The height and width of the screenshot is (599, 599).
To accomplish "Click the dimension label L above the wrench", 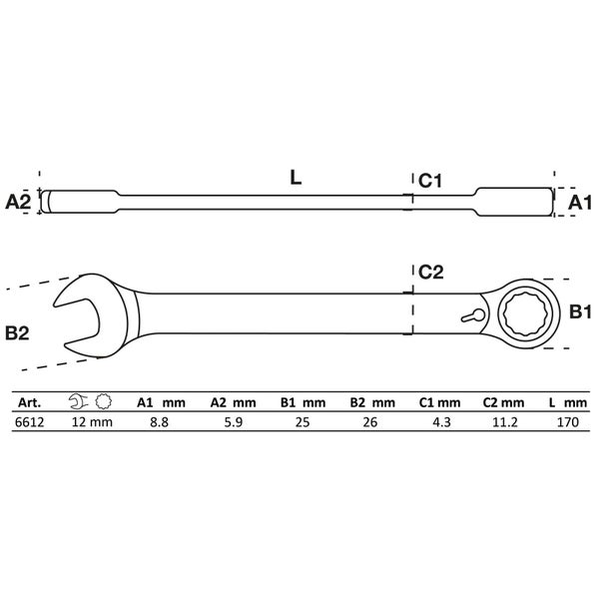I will pyautogui.click(x=296, y=179).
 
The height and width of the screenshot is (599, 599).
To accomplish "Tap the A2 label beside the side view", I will pyautogui.click(x=18, y=202).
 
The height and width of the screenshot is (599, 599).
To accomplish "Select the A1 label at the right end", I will pyautogui.click(x=580, y=203).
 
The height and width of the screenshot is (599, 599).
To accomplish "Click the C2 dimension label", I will pyautogui.click(x=430, y=272).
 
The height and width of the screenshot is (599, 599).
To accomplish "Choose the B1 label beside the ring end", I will pyautogui.click(x=581, y=313).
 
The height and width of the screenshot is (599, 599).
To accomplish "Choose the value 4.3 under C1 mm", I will pyautogui.click(x=439, y=422).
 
